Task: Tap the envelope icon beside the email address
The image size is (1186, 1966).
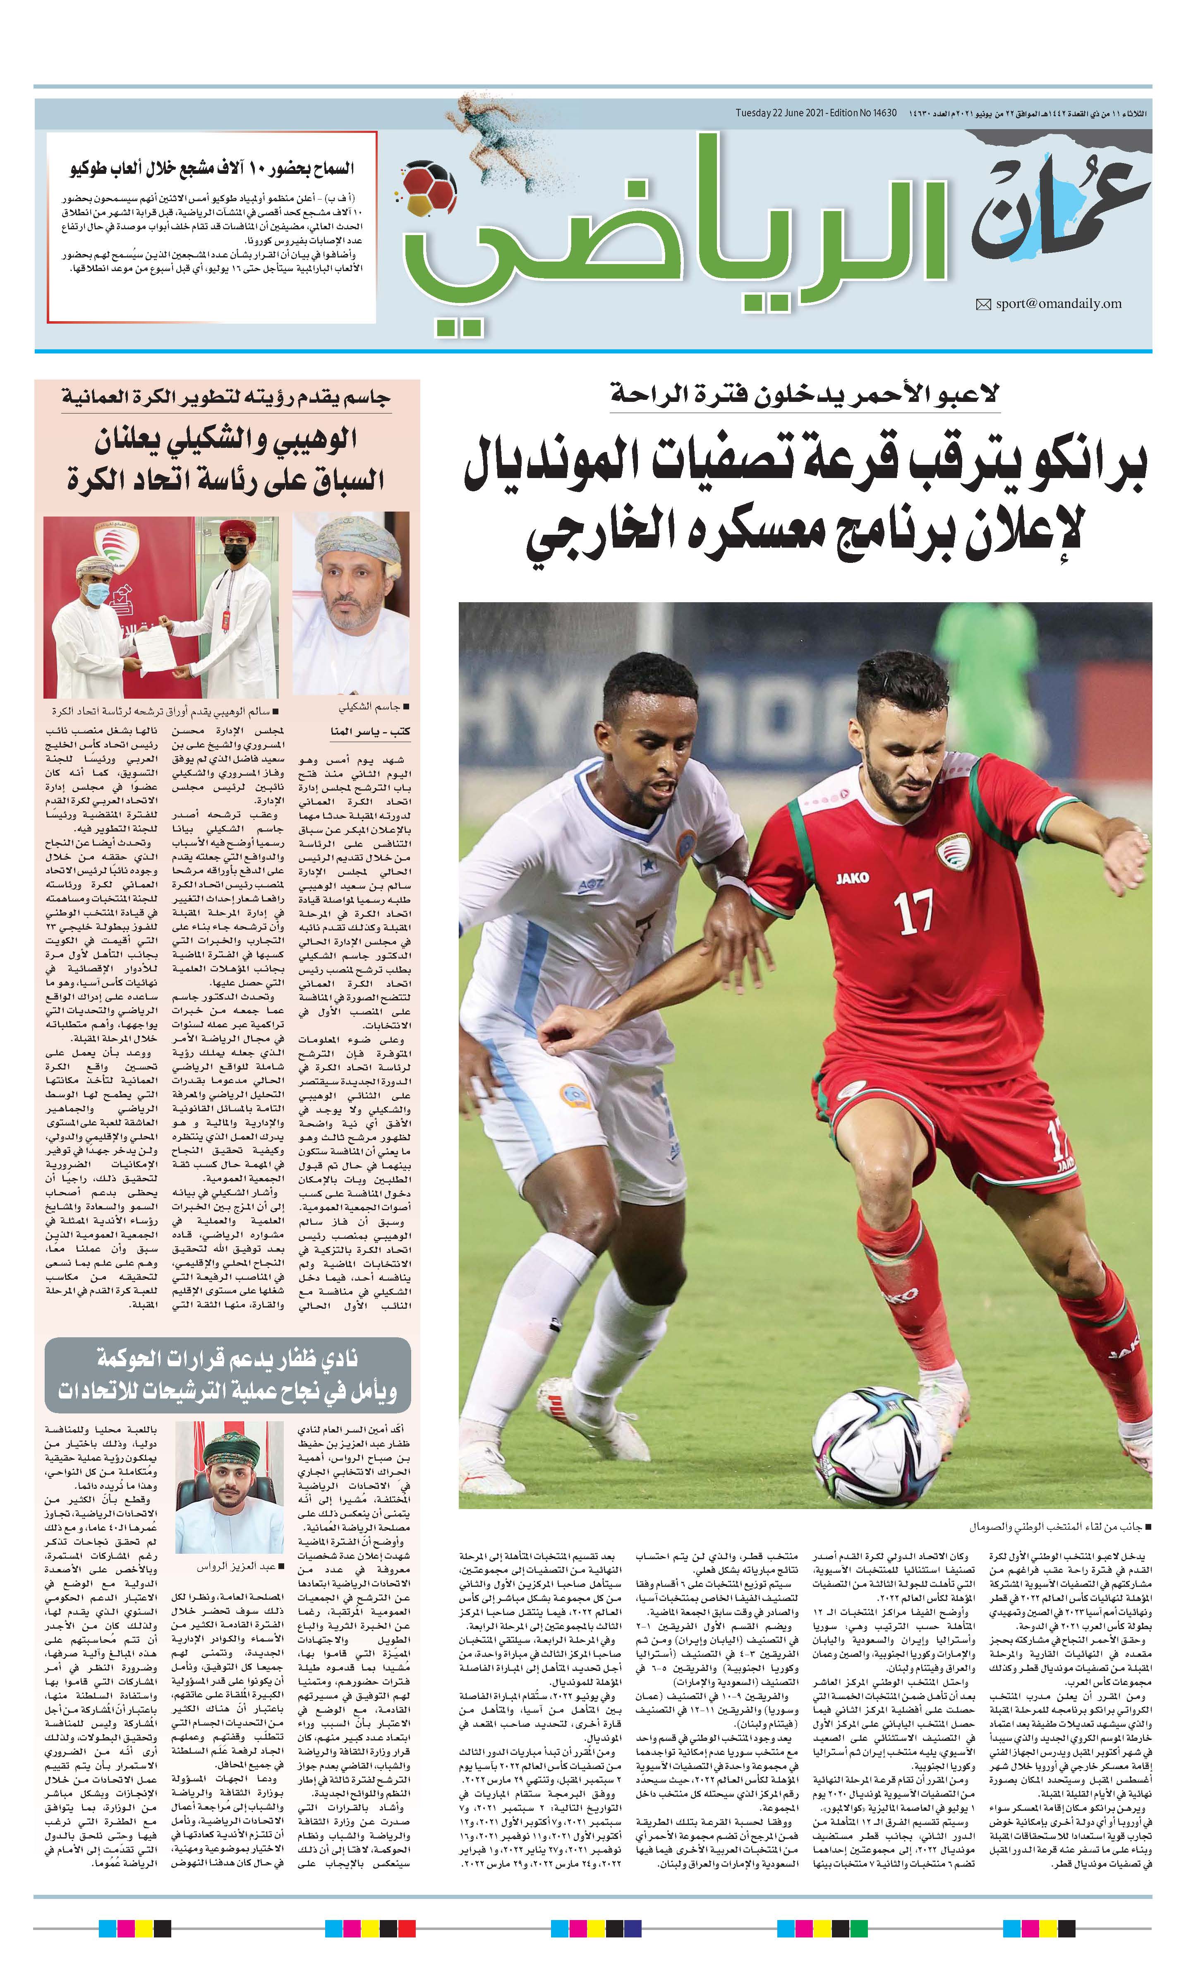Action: (983, 304)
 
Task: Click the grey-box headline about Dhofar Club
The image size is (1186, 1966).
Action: (227, 1375)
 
